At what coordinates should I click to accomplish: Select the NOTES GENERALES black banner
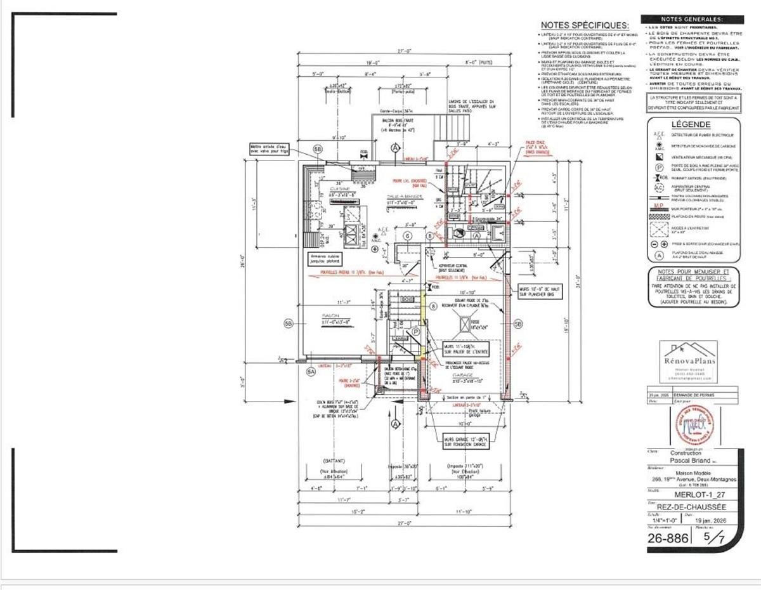(x=691, y=19)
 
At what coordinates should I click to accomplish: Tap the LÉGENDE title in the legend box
(x=691, y=125)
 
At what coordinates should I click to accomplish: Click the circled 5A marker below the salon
(x=311, y=371)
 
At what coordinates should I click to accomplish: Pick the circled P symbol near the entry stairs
(x=415, y=331)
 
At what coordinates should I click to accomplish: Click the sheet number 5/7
(x=717, y=538)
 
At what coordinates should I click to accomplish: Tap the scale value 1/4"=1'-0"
(x=663, y=520)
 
